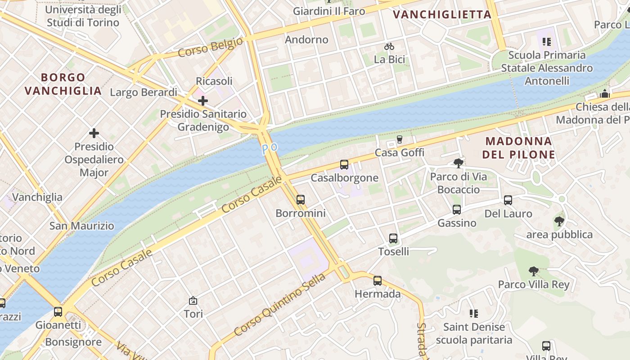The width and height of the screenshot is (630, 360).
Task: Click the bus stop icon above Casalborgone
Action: coord(344,165)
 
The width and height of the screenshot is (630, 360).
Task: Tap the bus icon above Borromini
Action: coord(301,200)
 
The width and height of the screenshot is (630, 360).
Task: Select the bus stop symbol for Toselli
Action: coord(393,238)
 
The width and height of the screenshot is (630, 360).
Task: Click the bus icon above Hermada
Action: coord(378,281)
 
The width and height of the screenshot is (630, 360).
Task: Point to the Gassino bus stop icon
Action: coord(457,210)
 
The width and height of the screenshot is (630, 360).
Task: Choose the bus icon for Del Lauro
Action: coord(508,200)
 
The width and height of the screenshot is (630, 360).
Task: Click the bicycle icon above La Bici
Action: coord(389,46)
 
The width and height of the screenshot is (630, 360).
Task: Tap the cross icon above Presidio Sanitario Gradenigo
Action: coord(203,101)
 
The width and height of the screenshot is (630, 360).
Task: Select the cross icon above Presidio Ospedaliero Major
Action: coord(94,133)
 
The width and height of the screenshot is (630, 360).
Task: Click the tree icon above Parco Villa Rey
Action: coord(534,271)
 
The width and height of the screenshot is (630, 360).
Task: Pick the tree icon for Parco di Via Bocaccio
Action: coord(459,163)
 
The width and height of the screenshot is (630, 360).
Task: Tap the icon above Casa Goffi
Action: coord(399,139)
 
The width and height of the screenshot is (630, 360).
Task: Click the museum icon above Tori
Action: coord(193,301)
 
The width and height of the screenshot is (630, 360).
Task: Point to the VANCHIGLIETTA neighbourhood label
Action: coord(442,14)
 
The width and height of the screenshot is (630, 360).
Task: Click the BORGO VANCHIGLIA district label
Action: coord(63,84)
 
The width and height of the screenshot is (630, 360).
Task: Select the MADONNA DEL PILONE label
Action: coord(518,148)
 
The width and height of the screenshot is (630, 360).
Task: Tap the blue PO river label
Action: coord(270,148)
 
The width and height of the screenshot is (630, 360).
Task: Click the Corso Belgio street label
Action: coord(210,48)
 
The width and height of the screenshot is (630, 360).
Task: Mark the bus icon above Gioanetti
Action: coord(58,312)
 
